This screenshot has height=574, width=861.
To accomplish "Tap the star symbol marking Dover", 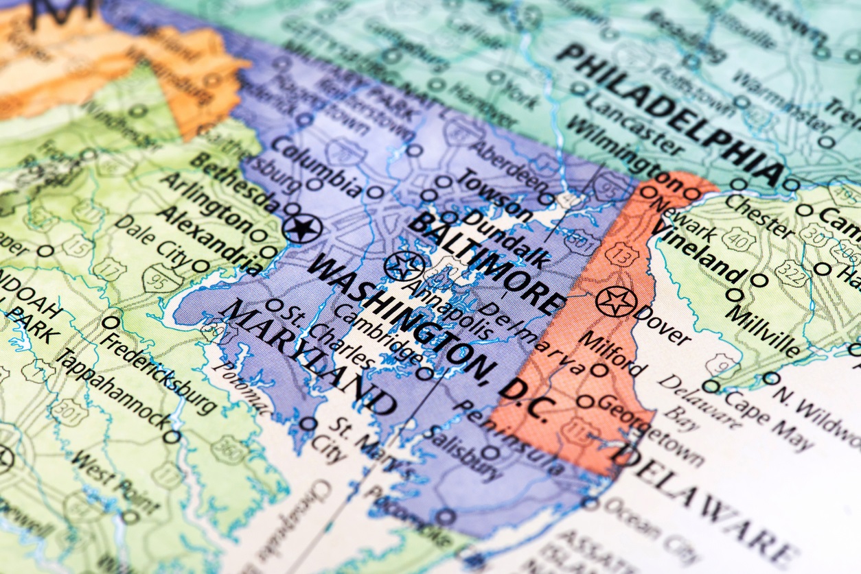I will coord(616,302).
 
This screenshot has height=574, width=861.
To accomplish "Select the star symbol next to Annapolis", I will coord(404,266).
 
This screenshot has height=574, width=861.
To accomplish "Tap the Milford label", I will coord(612,353).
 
